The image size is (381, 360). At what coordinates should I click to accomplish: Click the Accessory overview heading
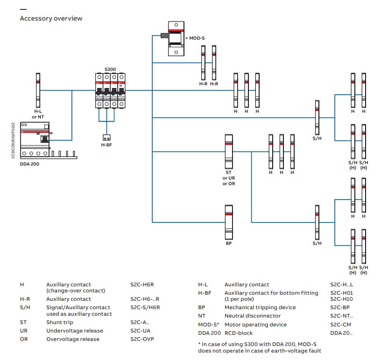pyautogui.click(x=51, y=19)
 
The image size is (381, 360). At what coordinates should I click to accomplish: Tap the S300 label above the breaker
pyautogui.click(x=110, y=69)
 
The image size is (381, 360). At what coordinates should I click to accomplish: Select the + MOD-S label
pyautogui.click(x=195, y=37)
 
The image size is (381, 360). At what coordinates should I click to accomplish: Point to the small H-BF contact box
pyautogui.click(x=106, y=138)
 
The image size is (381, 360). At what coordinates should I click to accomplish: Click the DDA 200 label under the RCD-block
pyautogui.click(x=29, y=164)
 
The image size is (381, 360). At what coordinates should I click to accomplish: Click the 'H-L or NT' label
pyautogui.click(x=37, y=114)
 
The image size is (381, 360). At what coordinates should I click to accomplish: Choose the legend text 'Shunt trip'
pyautogui.click(x=59, y=322)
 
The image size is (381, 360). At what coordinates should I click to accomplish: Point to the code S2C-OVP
pyautogui.click(x=142, y=339)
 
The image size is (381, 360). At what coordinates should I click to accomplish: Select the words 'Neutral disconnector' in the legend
pyautogui.click(x=253, y=316)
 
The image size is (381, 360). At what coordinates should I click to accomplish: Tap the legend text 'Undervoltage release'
pyautogui.click(x=75, y=331)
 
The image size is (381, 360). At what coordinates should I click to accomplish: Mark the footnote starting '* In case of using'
pyautogui.click(x=260, y=347)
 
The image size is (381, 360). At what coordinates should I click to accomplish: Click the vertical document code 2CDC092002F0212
pyautogui.click(x=13, y=140)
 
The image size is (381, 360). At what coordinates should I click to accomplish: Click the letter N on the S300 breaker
pyautogui.click(x=121, y=86)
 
